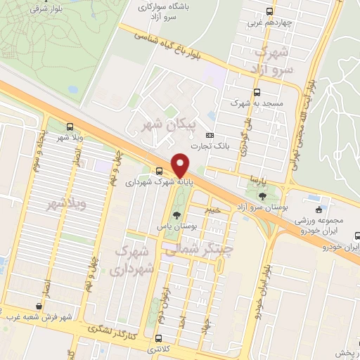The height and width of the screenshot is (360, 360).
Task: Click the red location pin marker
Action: pos(181,165)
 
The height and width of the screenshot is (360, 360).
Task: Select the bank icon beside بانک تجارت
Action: pos(209,135)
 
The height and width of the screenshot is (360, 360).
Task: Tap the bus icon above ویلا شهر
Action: pos(69,127)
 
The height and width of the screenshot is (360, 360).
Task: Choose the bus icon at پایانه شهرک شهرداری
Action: pos(160,170)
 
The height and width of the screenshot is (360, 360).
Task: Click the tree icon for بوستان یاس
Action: pos(175,214)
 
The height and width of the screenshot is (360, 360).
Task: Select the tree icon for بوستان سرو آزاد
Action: pos(262,195)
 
